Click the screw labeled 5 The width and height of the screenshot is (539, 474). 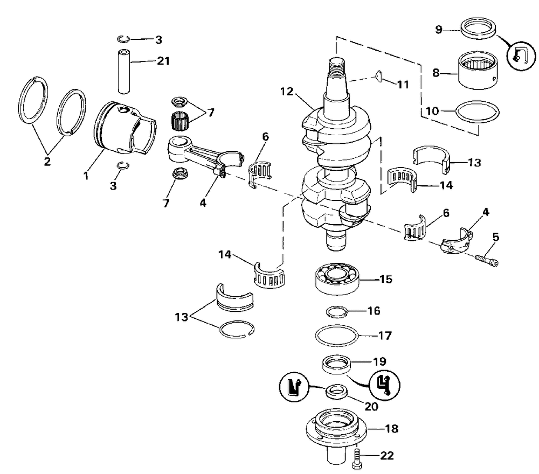[487, 260]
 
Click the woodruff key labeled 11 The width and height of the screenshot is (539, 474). [379, 76]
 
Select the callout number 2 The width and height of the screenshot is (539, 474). [47, 161]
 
